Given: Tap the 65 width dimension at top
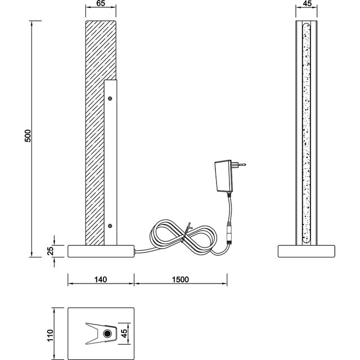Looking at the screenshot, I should pos(101,4).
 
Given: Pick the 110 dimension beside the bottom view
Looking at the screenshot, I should pos(49,335).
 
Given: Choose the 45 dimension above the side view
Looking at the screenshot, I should pos(307,4).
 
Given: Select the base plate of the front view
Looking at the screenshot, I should pos(101,251).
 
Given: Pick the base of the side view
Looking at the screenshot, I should pos(307,251).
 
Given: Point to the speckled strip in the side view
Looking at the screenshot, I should pos(307,135).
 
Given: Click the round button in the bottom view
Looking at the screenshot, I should pos(107,335).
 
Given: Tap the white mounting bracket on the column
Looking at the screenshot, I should pos(111,163).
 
